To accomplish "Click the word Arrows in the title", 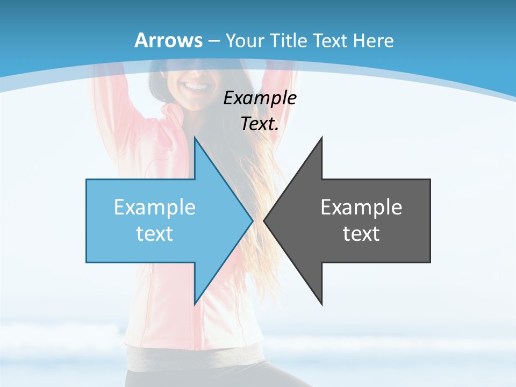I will (169, 40).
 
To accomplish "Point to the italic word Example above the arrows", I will (260, 98).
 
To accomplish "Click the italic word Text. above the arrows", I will (260, 124).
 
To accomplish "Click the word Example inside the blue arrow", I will (155, 207).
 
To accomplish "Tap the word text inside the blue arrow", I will (155, 234).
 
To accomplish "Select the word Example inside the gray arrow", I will (361, 207).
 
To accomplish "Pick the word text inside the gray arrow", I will (361, 234).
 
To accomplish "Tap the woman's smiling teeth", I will (197, 87).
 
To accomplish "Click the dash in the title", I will (213, 41).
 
